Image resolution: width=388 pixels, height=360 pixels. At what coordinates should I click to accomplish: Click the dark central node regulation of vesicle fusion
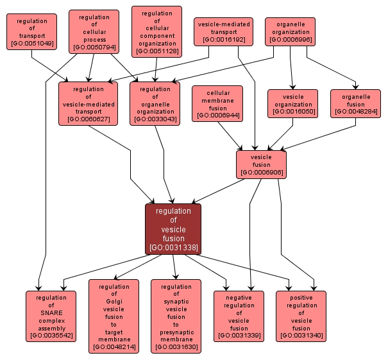(x=173, y=228)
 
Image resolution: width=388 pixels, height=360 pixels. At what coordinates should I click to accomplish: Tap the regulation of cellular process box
(x=94, y=31)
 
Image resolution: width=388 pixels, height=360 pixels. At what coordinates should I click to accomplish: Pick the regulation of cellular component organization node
(x=156, y=31)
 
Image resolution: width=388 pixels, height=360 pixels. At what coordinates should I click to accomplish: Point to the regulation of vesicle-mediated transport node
(x=89, y=103)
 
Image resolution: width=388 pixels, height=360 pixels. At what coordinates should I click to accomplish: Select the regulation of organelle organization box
(x=155, y=103)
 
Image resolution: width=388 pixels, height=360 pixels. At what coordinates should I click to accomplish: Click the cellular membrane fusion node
(x=217, y=103)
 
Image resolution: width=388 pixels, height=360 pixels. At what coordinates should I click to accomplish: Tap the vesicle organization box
(x=293, y=104)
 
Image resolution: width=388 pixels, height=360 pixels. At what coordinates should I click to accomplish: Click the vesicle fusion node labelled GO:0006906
(x=261, y=164)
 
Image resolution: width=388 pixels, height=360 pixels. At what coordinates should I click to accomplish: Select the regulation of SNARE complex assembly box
(x=51, y=316)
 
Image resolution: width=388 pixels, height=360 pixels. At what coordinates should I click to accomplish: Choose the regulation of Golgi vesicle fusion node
(x=114, y=316)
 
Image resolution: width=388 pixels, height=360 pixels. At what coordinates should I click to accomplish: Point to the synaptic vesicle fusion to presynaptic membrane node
(x=176, y=316)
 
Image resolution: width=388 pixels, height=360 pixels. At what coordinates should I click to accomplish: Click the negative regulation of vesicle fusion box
(x=239, y=316)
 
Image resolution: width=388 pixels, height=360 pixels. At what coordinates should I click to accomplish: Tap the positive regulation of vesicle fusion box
(x=301, y=316)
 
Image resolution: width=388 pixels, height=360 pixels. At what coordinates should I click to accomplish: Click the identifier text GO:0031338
(x=173, y=247)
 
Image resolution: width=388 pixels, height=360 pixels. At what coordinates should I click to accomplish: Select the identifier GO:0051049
(x=32, y=44)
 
